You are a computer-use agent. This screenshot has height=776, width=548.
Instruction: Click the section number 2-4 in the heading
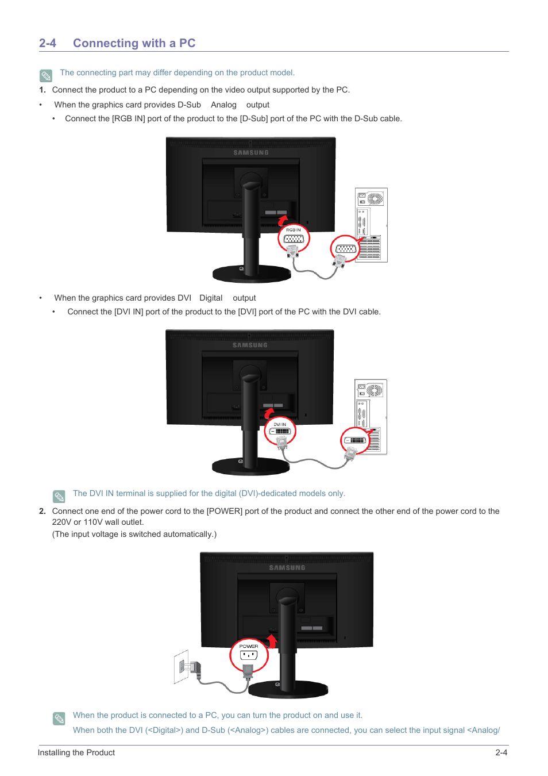click(x=48, y=43)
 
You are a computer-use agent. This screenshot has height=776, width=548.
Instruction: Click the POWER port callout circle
click(x=249, y=655)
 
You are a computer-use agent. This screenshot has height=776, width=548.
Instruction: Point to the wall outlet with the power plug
click(x=182, y=667)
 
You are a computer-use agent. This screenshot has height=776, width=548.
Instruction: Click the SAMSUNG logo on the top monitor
click(x=251, y=153)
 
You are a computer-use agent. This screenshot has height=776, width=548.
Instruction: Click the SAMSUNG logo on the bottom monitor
click(x=287, y=568)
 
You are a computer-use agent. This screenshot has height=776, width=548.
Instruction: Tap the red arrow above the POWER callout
click(x=272, y=640)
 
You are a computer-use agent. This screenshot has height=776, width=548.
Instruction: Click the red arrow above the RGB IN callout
click(x=283, y=220)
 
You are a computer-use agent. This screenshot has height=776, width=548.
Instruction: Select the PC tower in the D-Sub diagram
click(x=371, y=225)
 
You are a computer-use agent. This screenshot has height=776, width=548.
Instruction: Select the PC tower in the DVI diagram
click(x=371, y=416)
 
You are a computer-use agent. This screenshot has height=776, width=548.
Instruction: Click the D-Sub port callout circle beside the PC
click(x=345, y=249)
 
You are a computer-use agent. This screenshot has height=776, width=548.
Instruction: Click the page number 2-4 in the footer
click(x=501, y=752)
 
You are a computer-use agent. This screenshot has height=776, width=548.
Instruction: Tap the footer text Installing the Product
click(x=76, y=752)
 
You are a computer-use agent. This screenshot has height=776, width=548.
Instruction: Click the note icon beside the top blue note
click(x=46, y=75)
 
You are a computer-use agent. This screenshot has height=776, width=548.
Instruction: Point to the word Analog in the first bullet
click(x=223, y=105)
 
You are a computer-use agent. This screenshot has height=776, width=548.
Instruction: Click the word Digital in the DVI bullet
click(x=211, y=298)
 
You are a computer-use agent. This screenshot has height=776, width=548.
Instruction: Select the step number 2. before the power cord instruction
click(x=43, y=511)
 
